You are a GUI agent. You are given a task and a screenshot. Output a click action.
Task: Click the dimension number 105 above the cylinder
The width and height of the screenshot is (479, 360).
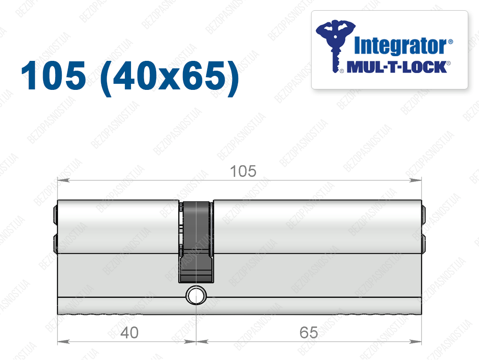[243, 171]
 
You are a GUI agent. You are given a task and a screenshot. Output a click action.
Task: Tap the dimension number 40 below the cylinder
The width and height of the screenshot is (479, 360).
[130, 332]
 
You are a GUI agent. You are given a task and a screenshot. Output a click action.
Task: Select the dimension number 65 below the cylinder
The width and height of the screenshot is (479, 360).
[309, 332]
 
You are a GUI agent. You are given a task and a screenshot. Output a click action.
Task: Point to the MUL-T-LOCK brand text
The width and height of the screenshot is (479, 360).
[397, 67]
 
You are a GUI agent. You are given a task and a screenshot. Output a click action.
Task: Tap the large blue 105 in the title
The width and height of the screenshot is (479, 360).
[53, 75]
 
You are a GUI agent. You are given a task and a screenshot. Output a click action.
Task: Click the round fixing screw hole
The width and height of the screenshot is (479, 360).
[196, 296]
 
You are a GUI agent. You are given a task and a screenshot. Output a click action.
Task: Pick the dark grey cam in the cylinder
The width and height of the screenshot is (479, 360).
[196, 242]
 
